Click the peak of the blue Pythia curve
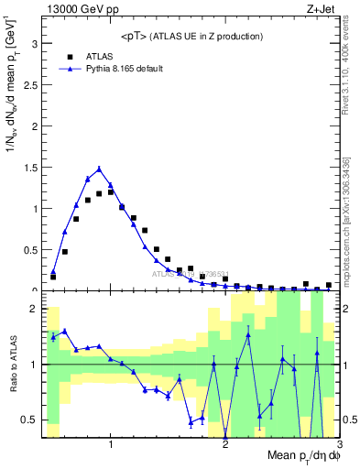99,169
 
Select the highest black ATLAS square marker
110,192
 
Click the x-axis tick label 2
225,444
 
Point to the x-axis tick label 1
111,444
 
